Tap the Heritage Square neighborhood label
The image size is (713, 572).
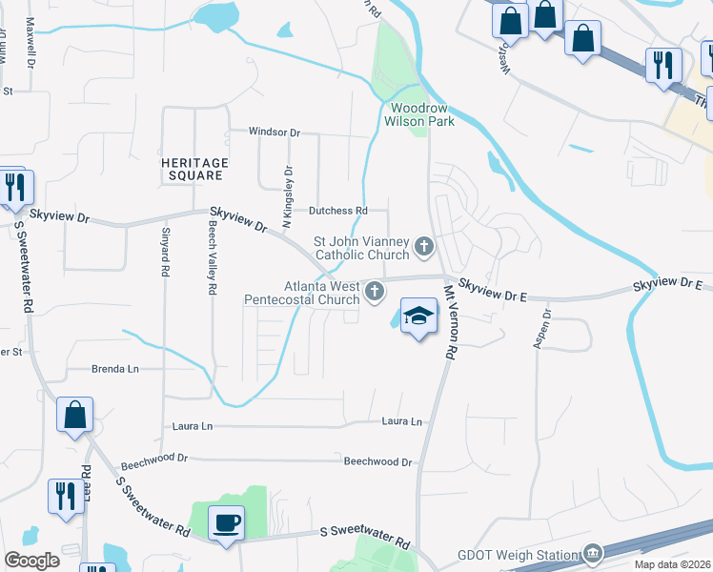point(194,169)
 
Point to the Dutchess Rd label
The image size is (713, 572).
point(336,210)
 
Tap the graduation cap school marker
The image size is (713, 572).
point(418,317)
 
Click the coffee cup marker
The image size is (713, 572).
point(226,524)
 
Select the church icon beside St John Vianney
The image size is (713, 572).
point(423,248)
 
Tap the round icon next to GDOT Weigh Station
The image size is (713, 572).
point(593,553)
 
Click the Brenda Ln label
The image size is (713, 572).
point(114,368)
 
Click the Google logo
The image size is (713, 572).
point(31,560)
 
